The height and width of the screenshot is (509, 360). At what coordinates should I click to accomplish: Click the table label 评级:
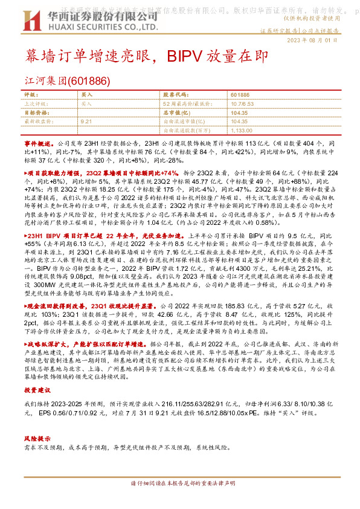(x=31, y=96)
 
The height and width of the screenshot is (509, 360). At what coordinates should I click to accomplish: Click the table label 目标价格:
(x=36, y=112)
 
